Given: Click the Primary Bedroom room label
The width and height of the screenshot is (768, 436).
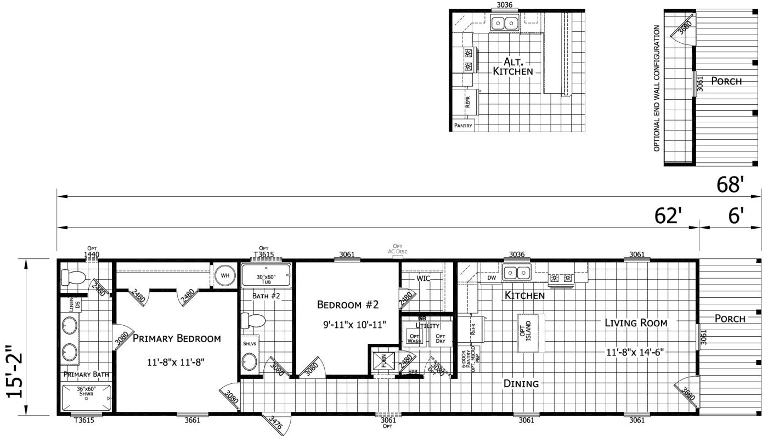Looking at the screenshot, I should (x=177, y=338).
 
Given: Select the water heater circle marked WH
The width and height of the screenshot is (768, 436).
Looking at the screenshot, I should (x=224, y=275).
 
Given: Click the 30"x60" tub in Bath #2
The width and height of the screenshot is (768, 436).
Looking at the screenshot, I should (x=266, y=278).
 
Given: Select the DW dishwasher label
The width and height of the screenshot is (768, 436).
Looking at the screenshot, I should (x=492, y=278).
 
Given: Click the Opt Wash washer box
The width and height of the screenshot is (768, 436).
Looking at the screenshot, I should (x=413, y=338).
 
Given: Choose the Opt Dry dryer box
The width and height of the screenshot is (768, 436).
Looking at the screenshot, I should (x=440, y=338).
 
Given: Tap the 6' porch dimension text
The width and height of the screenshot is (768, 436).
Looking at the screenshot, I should (x=734, y=217).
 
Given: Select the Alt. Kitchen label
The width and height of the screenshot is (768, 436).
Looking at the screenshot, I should (x=512, y=66).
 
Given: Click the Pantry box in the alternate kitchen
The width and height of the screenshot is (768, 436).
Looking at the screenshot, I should (x=462, y=126).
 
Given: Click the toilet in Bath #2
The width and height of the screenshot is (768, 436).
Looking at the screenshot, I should (x=254, y=320).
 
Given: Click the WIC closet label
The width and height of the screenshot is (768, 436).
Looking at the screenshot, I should (x=423, y=278).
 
